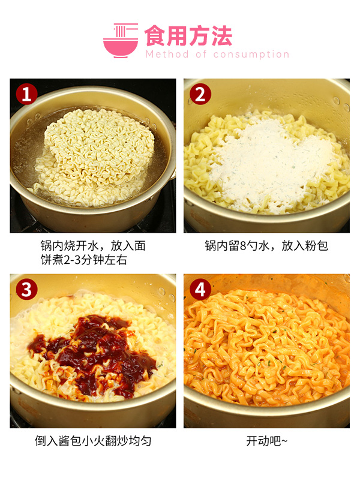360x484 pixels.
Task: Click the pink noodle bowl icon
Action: [121, 40]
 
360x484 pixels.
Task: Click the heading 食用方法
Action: [188, 36]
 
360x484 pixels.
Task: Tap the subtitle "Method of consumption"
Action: [217, 55]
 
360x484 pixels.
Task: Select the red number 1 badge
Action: [26, 94]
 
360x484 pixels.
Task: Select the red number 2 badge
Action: [200, 94]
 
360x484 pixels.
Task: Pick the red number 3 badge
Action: [26, 290]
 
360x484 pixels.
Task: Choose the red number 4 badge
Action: [200, 290]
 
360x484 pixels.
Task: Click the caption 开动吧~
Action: [267, 441]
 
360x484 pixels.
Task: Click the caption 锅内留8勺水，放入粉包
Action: [266, 246]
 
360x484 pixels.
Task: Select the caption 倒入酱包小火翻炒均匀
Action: [93, 441]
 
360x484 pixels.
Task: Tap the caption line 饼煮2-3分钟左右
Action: [83, 260]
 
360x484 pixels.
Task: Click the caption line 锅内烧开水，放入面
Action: [93, 246]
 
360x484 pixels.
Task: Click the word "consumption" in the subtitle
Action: [251, 55]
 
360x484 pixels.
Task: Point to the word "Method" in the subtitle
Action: [167, 55]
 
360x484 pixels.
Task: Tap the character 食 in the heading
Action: [155, 36]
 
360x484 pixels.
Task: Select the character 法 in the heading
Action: [221, 36]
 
